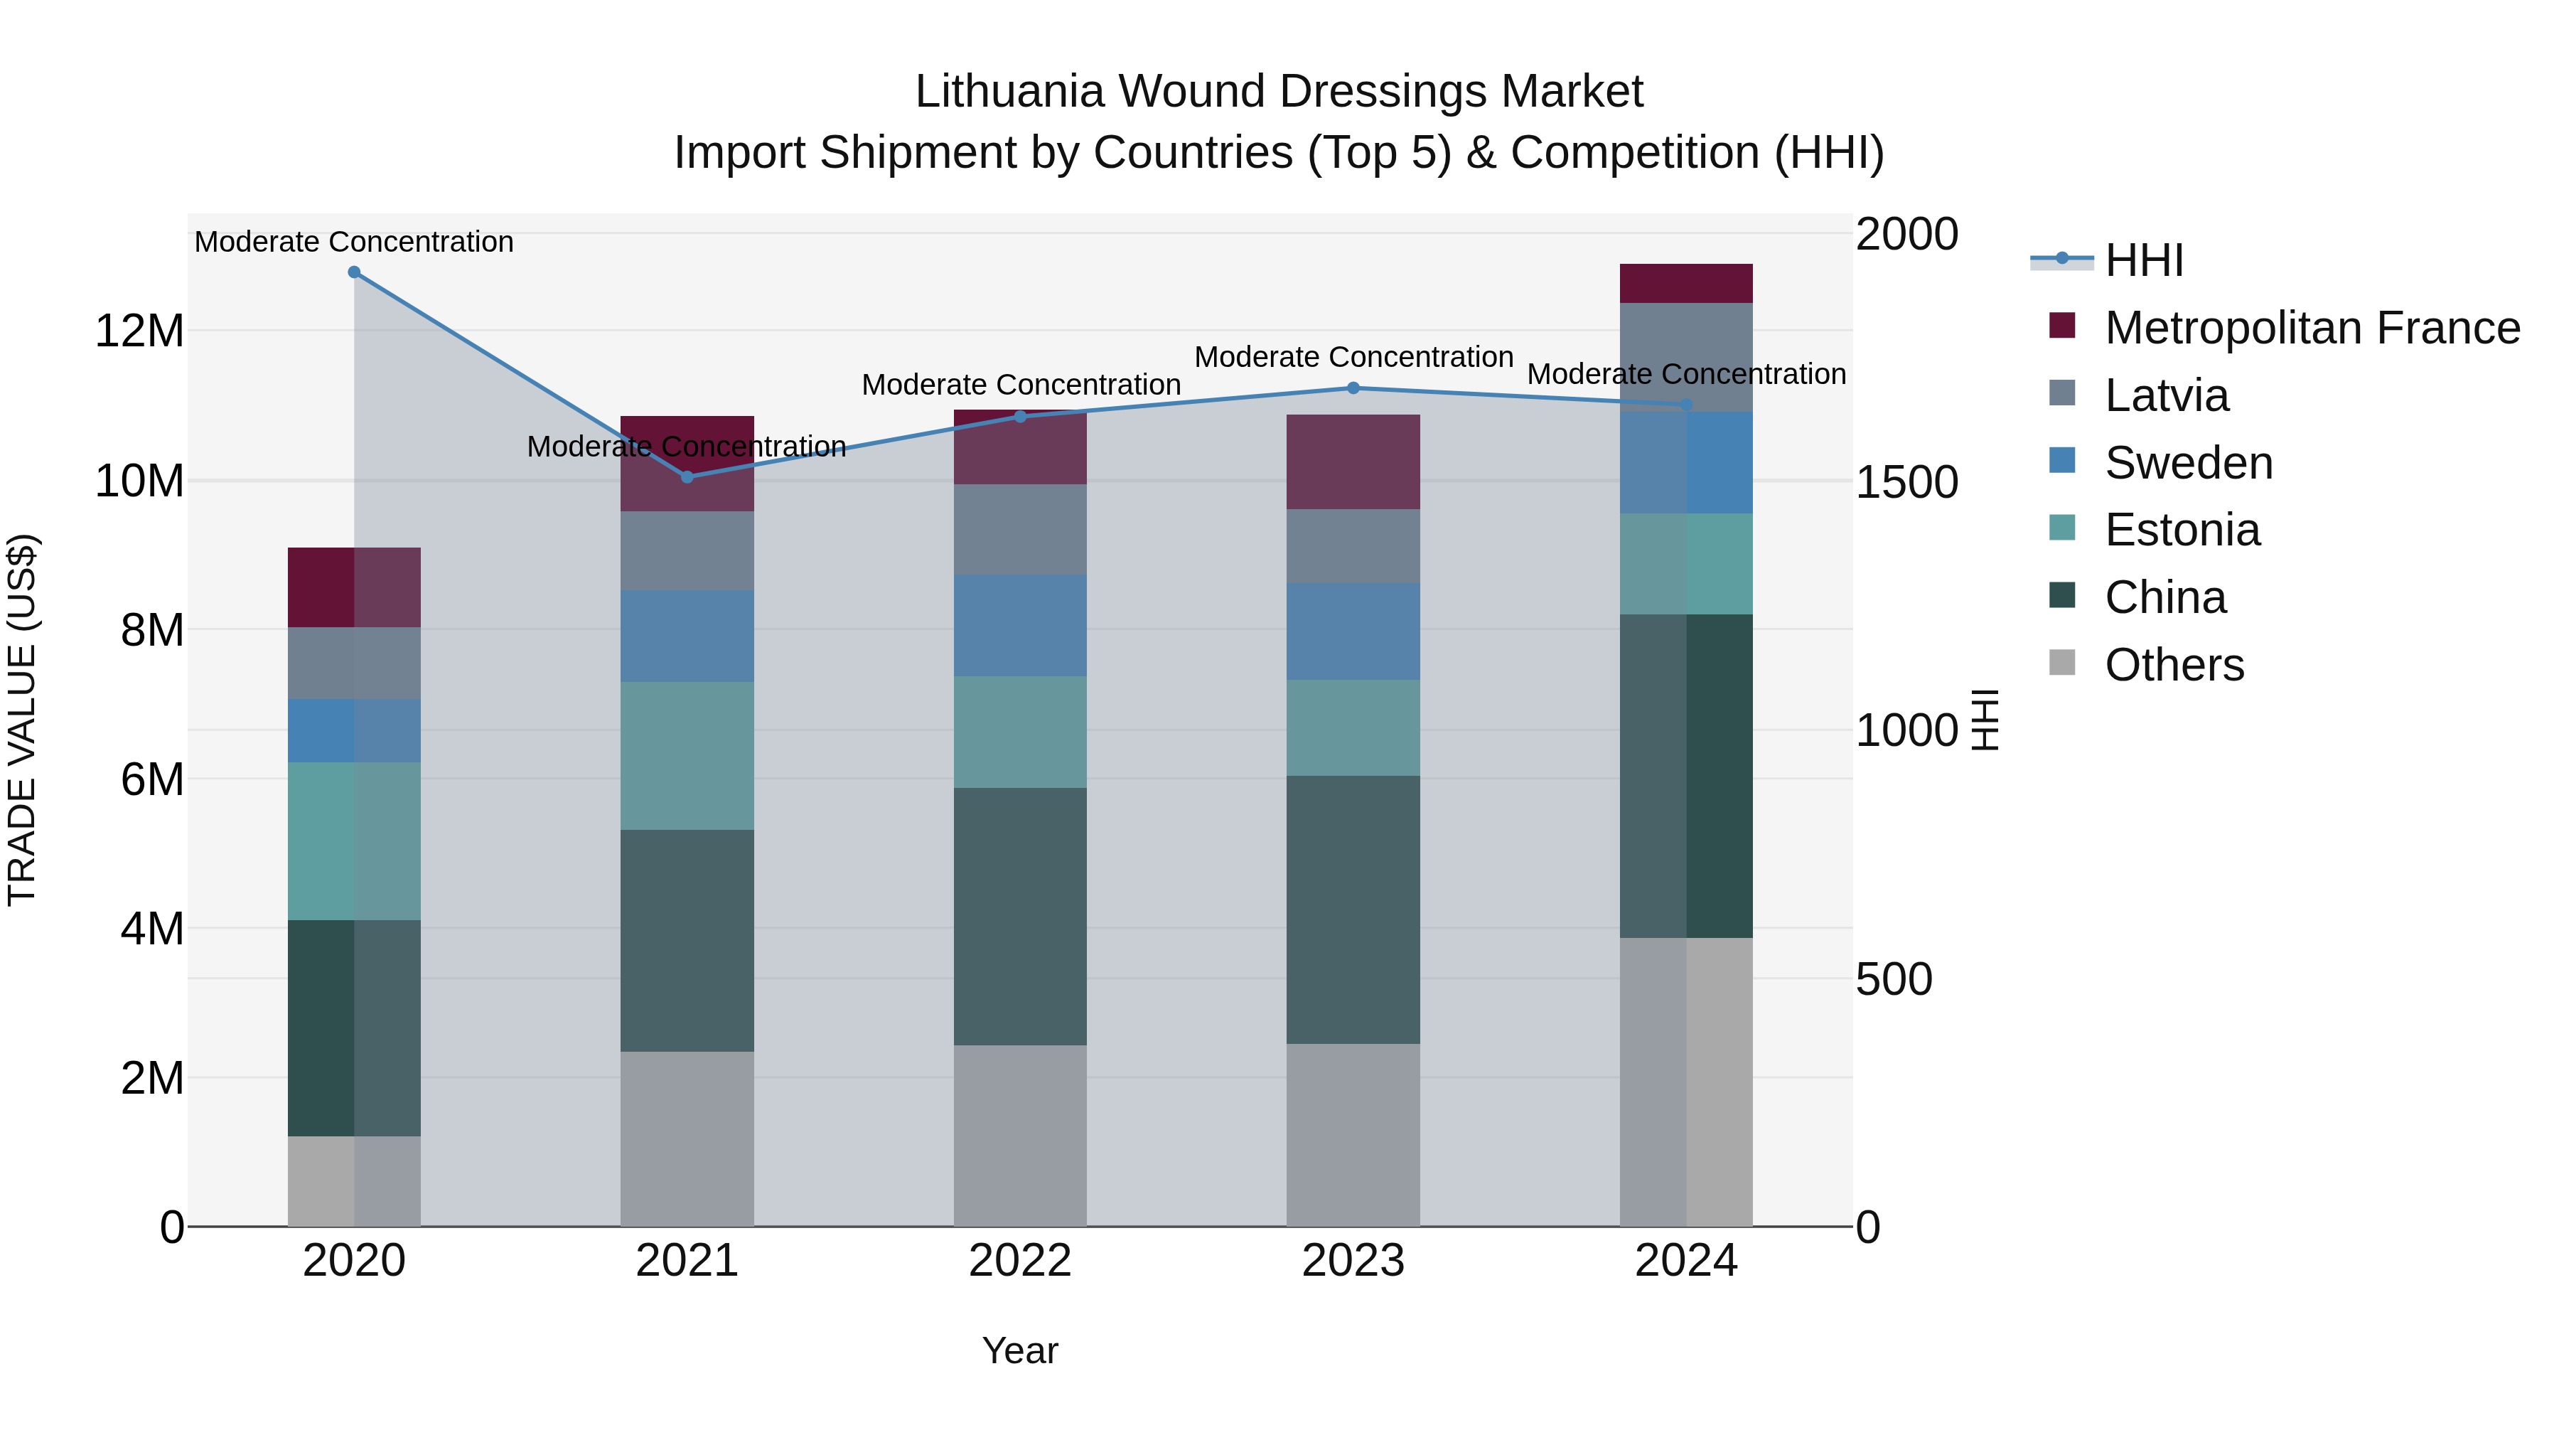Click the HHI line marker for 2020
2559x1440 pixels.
pos(354,272)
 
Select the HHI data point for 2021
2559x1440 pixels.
pos(687,477)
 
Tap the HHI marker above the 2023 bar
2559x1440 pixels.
pos(1353,388)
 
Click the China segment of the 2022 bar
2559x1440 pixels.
pos(1020,917)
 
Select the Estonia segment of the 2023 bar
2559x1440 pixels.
pos(1353,727)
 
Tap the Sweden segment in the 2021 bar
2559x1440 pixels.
pos(687,636)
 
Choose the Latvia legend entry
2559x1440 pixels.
pos(2166,395)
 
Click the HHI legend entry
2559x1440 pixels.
pos(2144,260)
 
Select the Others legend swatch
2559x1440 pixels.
pos(2062,663)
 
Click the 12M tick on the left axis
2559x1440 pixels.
pos(139,330)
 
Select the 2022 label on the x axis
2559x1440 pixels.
pos(1020,1261)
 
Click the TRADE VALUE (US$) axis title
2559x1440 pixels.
pos(22,720)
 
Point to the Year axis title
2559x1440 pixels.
pos(1020,1350)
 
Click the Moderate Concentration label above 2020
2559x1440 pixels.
pos(354,242)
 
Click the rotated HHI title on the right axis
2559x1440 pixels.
pos(1985,720)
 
